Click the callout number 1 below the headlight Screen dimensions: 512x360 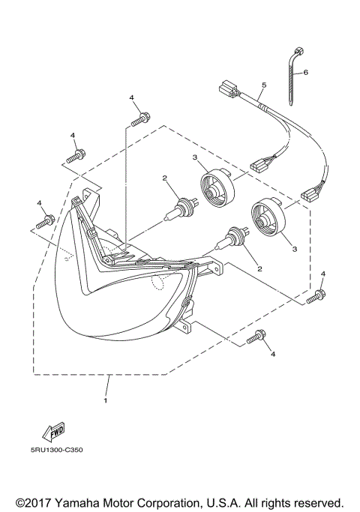(106, 400)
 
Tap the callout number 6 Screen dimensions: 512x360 (305, 73)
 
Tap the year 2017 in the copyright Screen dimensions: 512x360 (39, 502)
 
